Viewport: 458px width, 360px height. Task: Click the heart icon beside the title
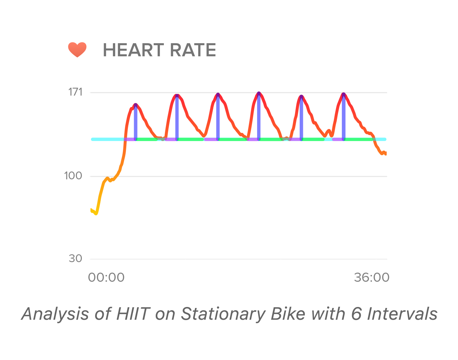coord(77,50)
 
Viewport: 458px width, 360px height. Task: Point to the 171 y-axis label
coord(75,92)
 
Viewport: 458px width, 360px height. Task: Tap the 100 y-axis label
coord(73,176)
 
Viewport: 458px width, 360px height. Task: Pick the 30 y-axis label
coord(75,259)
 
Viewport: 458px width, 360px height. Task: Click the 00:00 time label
coord(106,278)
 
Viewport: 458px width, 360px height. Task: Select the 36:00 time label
coord(372,278)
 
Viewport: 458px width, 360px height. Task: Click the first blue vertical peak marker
coord(135,123)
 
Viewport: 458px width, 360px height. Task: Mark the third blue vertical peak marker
coord(218,118)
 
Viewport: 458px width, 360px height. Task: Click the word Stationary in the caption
coord(224,314)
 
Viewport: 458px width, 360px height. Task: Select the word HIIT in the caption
coord(133,314)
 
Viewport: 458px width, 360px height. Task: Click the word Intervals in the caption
coord(402,314)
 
